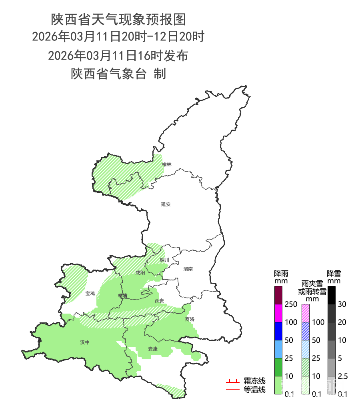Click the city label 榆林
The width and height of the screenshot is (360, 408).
[x=167, y=164]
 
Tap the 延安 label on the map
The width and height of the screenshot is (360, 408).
[x=166, y=204]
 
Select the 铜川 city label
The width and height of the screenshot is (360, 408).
[x=164, y=260]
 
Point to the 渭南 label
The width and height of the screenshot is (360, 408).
[x=188, y=269]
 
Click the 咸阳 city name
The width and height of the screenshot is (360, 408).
[x=140, y=273]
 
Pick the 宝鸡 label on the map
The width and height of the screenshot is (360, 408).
[x=90, y=294]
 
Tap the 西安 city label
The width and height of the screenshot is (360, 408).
[x=159, y=301]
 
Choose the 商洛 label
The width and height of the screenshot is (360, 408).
[x=190, y=319]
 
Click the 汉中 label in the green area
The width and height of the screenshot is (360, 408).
[x=85, y=342]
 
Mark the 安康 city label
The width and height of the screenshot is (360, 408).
[x=153, y=349]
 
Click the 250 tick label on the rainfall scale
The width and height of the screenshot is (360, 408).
[x=291, y=304]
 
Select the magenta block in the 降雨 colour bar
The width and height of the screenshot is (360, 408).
[x=279, y=313]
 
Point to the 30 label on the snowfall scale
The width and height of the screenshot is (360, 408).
[x=342, y=304]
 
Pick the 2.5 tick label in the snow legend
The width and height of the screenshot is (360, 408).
[x=343, y=376]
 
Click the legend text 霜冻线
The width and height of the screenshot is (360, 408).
[x=254, y=381]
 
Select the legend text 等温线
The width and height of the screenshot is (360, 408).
[x=254, y=389]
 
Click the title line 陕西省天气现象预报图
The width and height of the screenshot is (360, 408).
[x=118, y=19]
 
